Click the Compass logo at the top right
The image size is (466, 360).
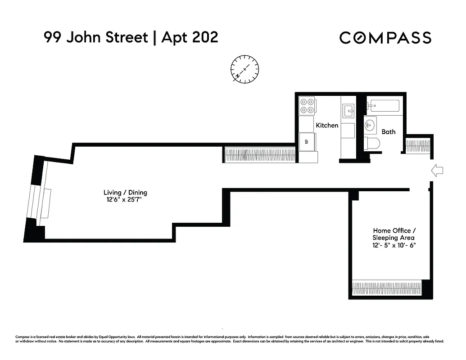pos(385,38)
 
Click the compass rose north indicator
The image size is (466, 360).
pos(244,69)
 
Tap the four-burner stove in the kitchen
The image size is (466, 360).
pos(307,106)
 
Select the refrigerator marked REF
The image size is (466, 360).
pos(307,141)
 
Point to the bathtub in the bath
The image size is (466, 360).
pos(383,106)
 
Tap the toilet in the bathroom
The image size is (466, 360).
pos(372,144)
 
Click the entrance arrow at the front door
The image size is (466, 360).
pos(437,170)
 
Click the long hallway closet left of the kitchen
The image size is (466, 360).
pos(260,155)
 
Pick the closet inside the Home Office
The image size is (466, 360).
pos(386,288)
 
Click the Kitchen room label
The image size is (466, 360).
pos(327,125)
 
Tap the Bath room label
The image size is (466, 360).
pos(389,131)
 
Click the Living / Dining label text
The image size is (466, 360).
pos(125,193)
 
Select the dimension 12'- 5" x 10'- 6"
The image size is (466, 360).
pos(394,245)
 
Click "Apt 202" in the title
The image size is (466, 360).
pos(190,37)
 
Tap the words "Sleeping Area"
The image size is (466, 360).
pos(394,238)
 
